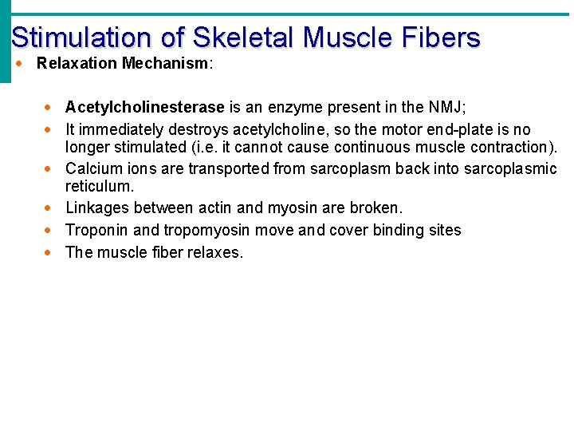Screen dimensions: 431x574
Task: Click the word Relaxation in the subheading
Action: [77, 63]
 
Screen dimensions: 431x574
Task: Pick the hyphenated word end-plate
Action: [458, 129]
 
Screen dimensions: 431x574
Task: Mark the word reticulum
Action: [100, 186]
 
